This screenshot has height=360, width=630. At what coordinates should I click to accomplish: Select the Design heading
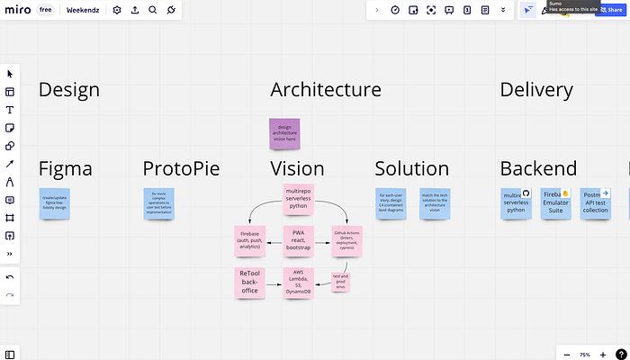(68, 90)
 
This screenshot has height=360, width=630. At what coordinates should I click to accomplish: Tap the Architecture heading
(325, 90)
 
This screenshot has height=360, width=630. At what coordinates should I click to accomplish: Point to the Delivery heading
(536, 90)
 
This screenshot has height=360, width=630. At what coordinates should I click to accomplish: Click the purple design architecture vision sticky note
(284, 133)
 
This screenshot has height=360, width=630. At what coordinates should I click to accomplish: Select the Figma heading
(66, 168)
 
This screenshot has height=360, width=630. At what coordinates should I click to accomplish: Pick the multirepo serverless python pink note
(298, 199)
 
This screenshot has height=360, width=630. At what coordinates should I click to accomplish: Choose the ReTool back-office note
(249, 282)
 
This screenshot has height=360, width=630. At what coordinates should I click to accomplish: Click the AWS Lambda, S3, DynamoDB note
(298, 282)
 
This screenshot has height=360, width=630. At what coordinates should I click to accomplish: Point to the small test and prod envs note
(340, 280)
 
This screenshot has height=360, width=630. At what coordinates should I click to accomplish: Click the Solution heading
(411, 168)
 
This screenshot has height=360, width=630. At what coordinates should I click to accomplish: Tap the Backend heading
(538, 168)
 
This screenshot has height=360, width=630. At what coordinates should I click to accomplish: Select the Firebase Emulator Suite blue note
(555, 204)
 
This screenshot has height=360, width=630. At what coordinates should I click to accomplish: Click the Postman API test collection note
(595, 204)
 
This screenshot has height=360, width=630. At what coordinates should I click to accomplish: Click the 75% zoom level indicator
(585, 355)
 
